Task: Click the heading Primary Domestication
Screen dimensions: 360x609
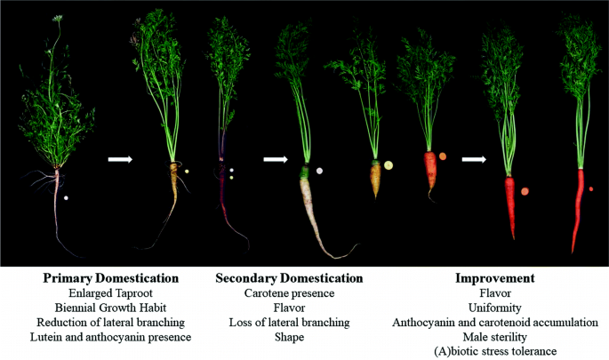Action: (x=111, y=278)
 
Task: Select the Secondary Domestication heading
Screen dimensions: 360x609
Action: (x=289, y=278)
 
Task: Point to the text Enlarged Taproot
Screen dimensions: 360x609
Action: (x=111, y=292)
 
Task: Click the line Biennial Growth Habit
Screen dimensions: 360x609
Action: (x=111, y=308)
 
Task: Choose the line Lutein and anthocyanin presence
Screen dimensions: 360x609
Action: (x=111, y=337)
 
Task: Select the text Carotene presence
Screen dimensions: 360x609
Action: (x=289, y=292)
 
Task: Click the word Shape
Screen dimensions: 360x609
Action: (x=289, y=337)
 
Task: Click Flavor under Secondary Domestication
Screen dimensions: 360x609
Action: (x=289, y=308)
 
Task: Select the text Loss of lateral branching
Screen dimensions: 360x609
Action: (x=289, y=322)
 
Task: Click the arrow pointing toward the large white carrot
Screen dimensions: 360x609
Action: (x=275, y=160)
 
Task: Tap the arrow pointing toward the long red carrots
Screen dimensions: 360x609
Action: (x=474, y=160)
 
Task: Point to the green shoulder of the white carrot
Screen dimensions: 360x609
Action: (x=304, y=171)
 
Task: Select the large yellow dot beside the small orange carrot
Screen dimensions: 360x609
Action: (x=389, y=164)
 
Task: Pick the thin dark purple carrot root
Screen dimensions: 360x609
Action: (x=221, y=191)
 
